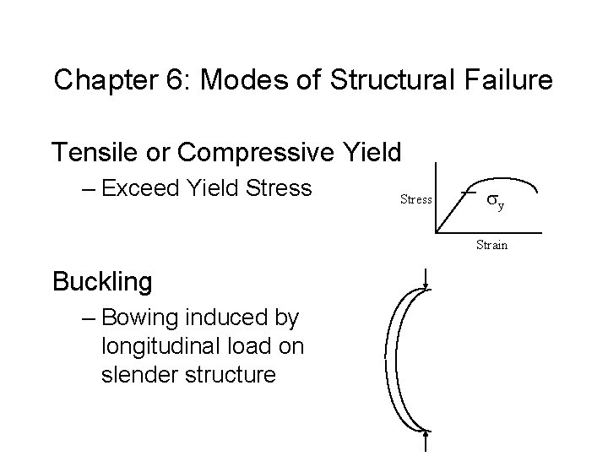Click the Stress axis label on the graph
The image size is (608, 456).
[x=415, y=200]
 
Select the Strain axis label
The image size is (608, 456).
[x=491, y=245]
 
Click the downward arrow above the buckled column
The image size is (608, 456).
[x=427, y=279]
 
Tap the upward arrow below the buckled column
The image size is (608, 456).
[x=427, y=442]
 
